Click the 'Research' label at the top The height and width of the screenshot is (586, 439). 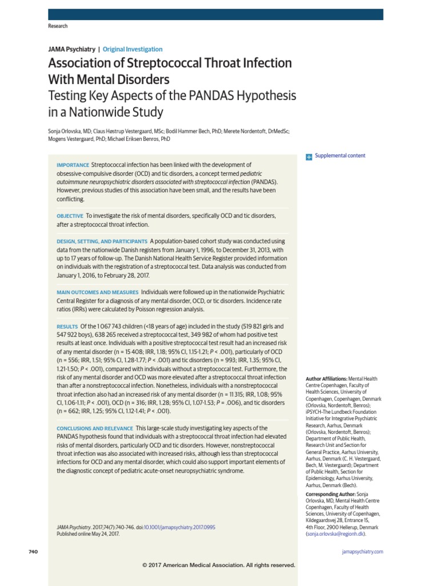tap(58, 26)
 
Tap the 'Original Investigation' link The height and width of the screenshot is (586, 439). tap(133, 49)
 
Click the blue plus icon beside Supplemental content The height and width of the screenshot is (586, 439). tap(309, 156)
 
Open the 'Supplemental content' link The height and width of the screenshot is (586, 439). tap(340, 156)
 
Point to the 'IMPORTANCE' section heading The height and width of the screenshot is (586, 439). tap(73, 165)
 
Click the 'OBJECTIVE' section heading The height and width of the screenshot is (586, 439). tap(70, 216)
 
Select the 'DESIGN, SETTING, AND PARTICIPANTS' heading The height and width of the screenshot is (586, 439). tap(102, 241)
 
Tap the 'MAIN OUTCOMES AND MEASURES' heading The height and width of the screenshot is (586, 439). tap(97, 292)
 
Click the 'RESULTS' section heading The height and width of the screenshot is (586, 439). tap(67, 326)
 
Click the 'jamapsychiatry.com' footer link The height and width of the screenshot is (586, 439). tap(362, 552)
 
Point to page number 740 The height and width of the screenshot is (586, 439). tap(32, 552)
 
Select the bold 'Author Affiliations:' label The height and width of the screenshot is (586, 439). tap(326, 379)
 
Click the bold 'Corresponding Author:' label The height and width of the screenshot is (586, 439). tap(330, 493)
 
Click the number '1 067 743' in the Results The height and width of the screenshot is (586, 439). tap(102, 326)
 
